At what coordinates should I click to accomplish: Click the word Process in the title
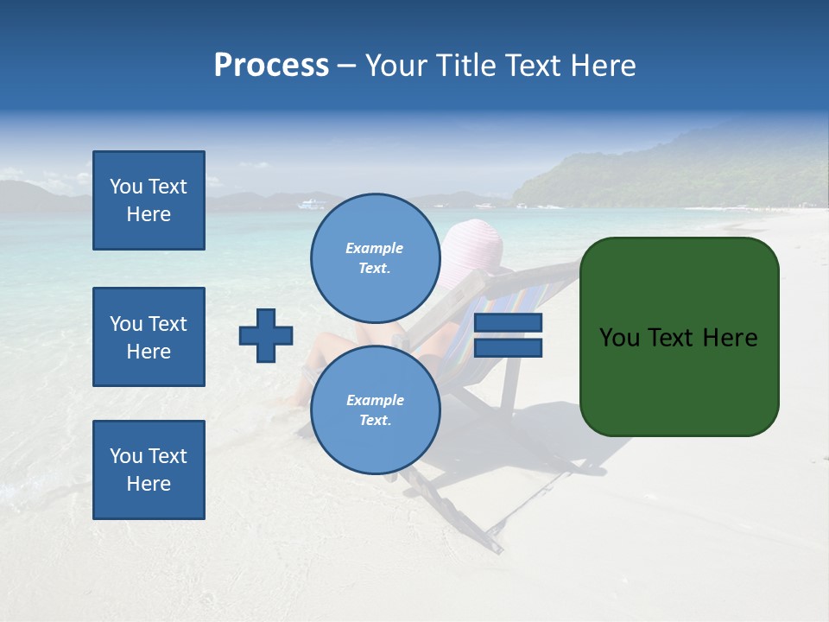pos(271,65)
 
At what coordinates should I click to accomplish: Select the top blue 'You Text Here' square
pos(149,200)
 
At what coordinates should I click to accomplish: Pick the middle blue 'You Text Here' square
pos(149,337)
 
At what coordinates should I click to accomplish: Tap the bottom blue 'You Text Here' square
pos(149,470)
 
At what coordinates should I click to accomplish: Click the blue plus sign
pos(266,335)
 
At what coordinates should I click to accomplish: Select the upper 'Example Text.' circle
pos(375,257)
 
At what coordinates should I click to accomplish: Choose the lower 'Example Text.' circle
pos(375,409)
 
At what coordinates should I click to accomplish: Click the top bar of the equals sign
pos(509,323)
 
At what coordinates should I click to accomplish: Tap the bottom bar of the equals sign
pos(509,348)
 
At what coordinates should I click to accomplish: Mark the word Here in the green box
pos(729,338)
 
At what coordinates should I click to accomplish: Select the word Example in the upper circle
pos(375,248)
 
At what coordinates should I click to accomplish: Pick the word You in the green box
pos(619,338)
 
